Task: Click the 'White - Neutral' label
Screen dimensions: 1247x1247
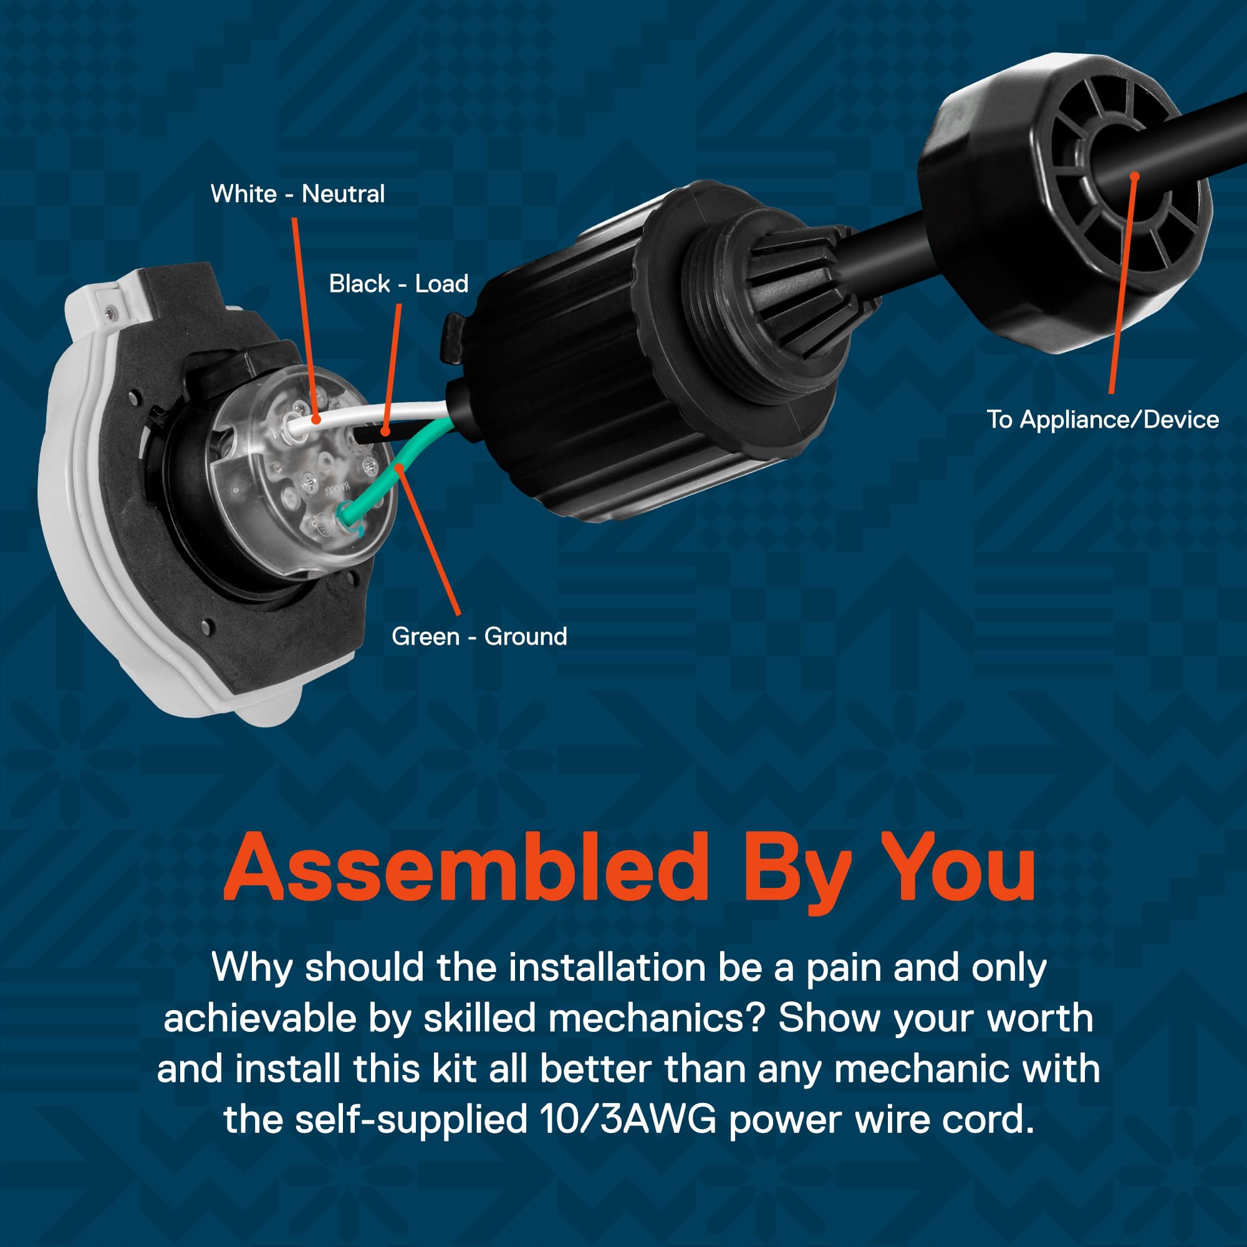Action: click(x=297, y=194)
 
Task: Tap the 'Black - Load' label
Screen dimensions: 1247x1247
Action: click(x=398, y=283)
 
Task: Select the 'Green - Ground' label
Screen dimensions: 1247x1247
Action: click(x=479, y=637)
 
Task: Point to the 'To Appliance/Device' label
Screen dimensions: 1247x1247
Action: click(x=1102, y=420)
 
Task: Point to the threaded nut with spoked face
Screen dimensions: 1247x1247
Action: click(x=1065, y=187)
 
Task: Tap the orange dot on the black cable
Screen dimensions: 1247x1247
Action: click(x=1134, y=176)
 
